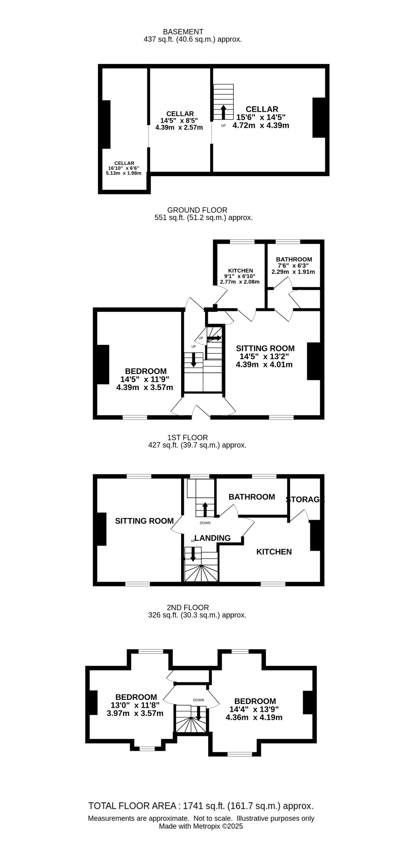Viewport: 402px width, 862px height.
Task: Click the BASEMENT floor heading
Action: coord(183,32)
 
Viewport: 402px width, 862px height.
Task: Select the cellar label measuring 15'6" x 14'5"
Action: coord(261,117)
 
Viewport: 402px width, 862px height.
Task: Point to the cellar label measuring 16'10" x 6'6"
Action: coord(124,168)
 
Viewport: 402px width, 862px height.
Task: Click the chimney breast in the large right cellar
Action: coord(319,117)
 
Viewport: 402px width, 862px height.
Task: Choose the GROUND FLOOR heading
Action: coord(197,210)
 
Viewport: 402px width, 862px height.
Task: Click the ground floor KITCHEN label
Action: coord(240,271)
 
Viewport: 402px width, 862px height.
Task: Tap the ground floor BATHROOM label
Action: coord(294,260)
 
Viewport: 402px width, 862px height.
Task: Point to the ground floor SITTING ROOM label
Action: coord(265,349)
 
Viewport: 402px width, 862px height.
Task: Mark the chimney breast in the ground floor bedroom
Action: coord(103,365)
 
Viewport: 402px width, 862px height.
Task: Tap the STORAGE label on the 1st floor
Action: coord(305,499)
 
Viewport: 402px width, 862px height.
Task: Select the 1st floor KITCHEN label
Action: coord(274,552)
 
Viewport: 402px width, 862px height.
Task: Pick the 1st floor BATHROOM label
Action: coord(252,497)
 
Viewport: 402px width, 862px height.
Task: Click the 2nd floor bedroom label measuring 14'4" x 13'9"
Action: coord(254,709)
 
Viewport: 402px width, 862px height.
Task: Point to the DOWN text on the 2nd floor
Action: coord(198,700)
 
